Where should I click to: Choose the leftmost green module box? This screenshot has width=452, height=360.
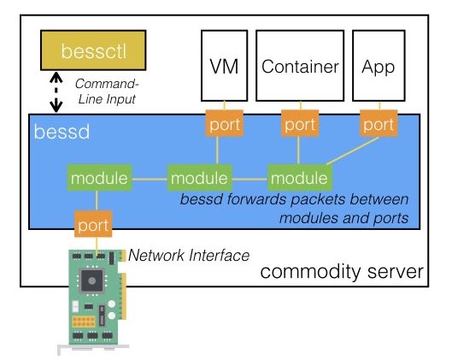point(98,179)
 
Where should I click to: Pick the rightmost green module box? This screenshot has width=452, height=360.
point(298,179)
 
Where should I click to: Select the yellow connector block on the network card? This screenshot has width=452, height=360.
point(85,323)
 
